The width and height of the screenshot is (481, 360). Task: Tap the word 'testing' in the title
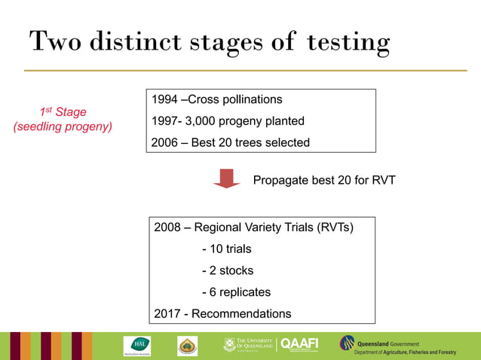348,42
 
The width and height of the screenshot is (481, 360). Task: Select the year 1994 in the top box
166,99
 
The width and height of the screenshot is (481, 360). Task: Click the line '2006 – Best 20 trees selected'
231,142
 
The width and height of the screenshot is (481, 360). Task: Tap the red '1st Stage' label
63,112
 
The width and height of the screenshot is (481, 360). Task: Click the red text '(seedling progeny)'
63,127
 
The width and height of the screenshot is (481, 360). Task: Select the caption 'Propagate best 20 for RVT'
324,180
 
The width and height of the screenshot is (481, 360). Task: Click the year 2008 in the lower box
167,227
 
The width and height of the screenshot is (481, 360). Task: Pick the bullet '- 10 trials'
227,249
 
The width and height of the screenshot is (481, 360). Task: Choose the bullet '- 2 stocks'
228,270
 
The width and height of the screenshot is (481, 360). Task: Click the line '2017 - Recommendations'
222,313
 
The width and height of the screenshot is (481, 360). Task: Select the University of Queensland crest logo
230,344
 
